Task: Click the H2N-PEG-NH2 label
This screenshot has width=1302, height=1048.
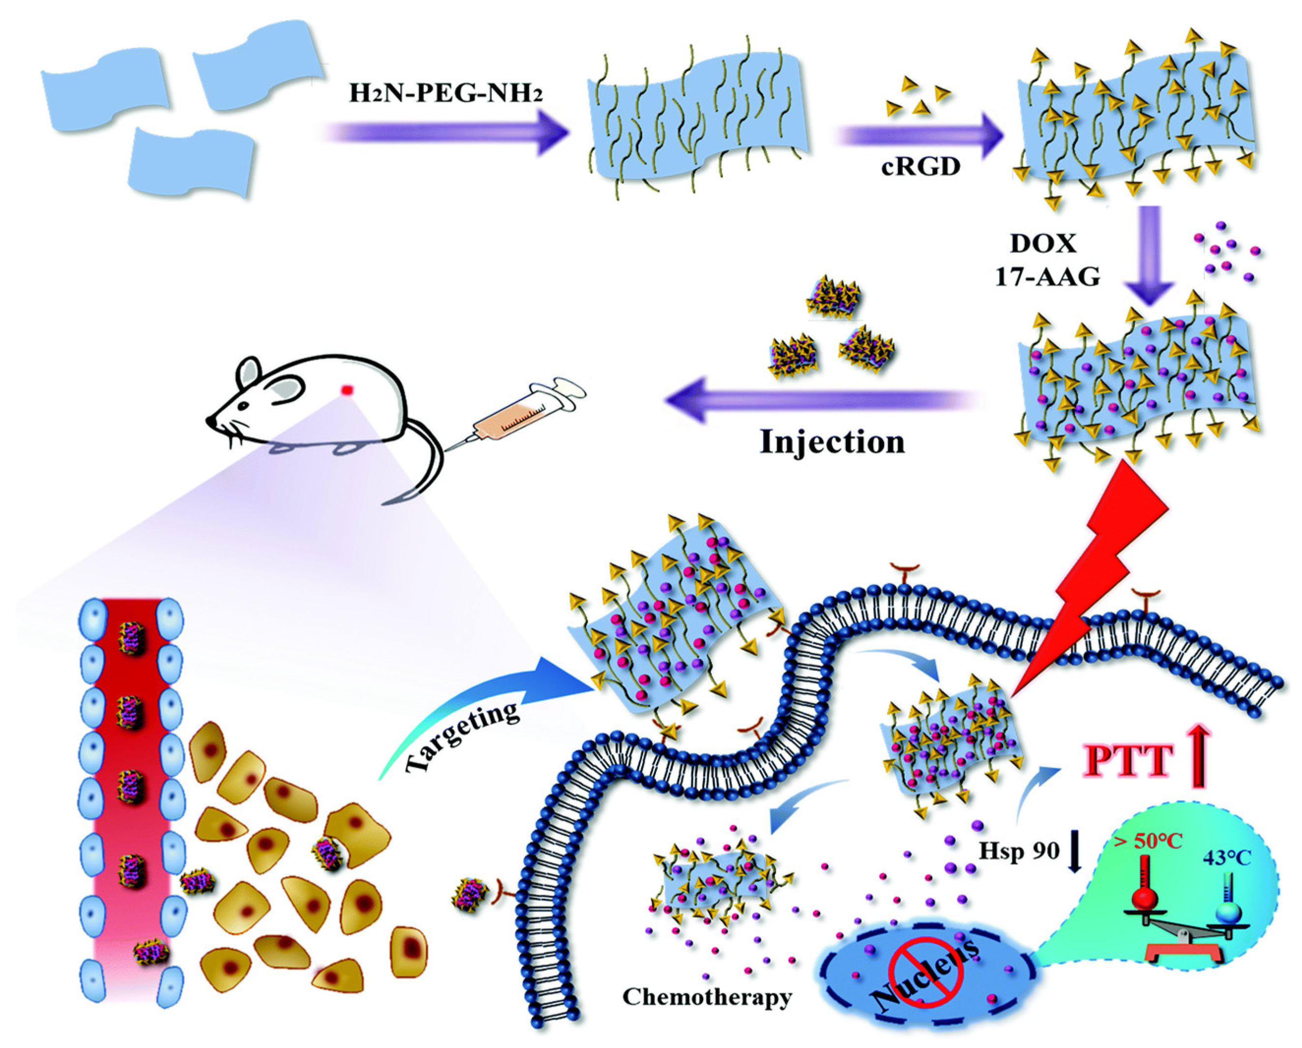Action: coord(445,93)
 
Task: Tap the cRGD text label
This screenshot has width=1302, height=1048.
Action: coord(920,166)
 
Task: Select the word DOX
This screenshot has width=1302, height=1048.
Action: coord(1043,243)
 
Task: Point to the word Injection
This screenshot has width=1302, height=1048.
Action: coord(832,442)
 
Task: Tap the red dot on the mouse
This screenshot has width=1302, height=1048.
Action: coord(347,390)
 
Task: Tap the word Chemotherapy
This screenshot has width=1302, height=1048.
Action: coord(707,997)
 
